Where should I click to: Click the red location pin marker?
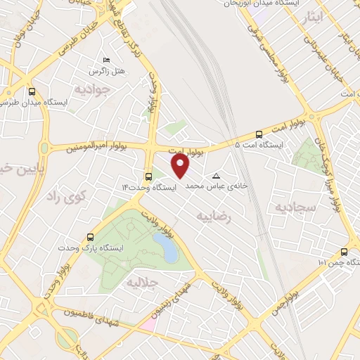(181, 166)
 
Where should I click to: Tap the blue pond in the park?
(165, 247)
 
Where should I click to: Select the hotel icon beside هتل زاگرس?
(107, 60)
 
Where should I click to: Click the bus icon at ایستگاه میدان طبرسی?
(31, 91)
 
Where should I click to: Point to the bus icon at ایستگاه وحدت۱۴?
(148, 177)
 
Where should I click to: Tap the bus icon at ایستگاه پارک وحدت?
(89, 237)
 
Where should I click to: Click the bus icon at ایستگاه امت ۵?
(259, 134)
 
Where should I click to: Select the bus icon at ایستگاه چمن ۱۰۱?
(344, 252)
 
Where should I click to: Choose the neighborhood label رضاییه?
(214, 216)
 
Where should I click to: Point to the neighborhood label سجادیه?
(292, 207)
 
